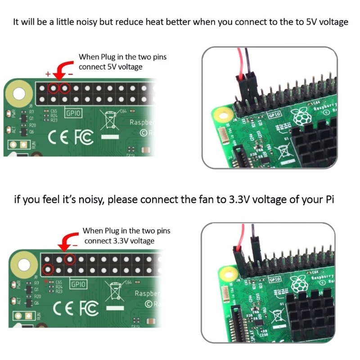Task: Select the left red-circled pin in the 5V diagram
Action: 54,88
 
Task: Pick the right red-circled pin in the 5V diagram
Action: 65,88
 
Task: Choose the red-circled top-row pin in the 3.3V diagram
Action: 69,259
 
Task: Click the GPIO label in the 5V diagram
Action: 73,113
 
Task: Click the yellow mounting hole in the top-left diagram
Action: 19,94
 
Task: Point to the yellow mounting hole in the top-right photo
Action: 220,115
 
